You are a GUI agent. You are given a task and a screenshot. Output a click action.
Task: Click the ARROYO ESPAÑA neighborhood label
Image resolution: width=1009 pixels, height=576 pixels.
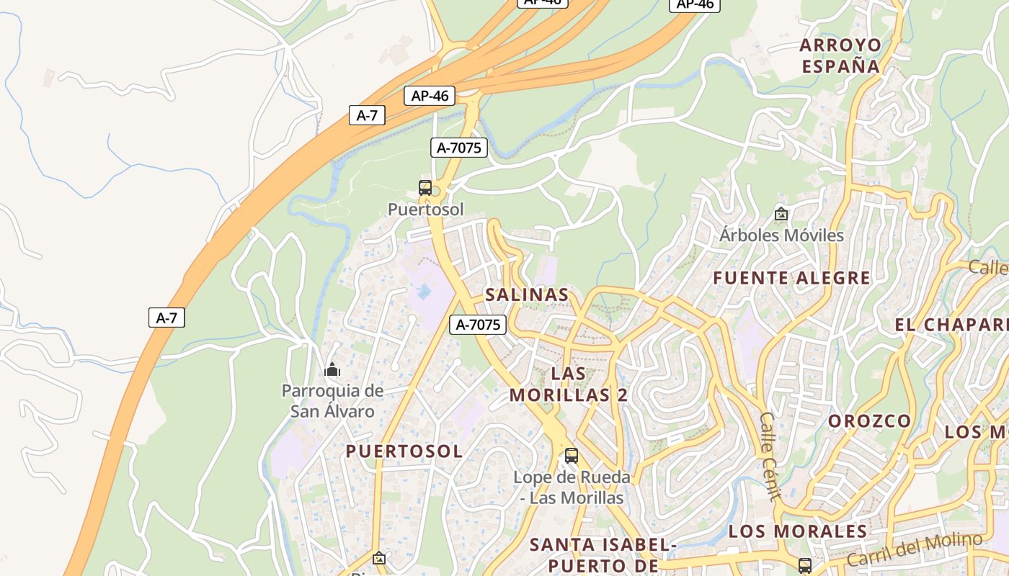click(x=840, y=55)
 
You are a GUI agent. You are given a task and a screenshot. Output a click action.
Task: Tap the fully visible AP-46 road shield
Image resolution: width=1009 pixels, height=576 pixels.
click(x=430, y=96)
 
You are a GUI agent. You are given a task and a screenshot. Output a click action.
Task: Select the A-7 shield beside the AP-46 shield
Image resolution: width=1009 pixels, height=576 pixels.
click(x=367, y=115)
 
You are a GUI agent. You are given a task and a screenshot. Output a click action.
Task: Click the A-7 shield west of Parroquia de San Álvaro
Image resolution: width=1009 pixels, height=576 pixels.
click(x=166, y=318)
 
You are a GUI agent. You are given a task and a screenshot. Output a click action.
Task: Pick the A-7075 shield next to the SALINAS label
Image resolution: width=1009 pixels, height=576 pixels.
click(x=478, y=325)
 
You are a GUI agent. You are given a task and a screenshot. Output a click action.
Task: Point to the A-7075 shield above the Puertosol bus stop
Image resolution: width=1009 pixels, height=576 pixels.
click(x=459, y=148)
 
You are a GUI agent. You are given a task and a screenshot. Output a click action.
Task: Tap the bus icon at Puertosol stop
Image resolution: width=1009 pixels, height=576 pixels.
click(x=425, y=188)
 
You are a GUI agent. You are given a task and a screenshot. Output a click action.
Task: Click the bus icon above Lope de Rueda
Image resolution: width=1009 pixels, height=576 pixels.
click(x=572, y=456)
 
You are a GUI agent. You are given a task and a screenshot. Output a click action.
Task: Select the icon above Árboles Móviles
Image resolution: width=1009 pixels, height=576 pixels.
click(x=781, y=214)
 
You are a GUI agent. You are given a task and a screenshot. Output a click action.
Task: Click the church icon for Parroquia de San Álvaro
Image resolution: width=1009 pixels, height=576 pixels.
click(x=332, y=370)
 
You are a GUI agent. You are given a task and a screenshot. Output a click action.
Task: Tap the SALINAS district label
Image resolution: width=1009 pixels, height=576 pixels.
click(x=527, y=294)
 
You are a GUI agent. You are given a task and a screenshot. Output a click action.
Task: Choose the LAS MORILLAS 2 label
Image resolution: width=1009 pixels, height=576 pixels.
click(x=569, y=384)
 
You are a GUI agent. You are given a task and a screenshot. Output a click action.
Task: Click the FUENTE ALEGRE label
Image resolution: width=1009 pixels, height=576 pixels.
click(x=792, y=278)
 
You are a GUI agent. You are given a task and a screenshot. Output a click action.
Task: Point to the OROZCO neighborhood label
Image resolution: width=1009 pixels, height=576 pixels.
click(x=869, y=420)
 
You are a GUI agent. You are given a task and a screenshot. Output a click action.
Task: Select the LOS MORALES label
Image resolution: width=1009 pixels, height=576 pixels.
click(x=797, y=531)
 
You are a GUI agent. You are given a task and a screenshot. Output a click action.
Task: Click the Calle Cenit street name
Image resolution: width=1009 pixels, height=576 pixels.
click(x=770, y=456)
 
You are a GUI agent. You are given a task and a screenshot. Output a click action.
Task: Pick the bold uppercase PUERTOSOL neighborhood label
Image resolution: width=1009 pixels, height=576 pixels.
click(x=404, y=451)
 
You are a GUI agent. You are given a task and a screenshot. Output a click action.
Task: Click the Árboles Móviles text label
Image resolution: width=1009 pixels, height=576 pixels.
click(x=781, y=235)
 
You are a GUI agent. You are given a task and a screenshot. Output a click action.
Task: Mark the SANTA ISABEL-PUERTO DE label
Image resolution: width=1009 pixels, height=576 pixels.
click(x=603, y=555)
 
